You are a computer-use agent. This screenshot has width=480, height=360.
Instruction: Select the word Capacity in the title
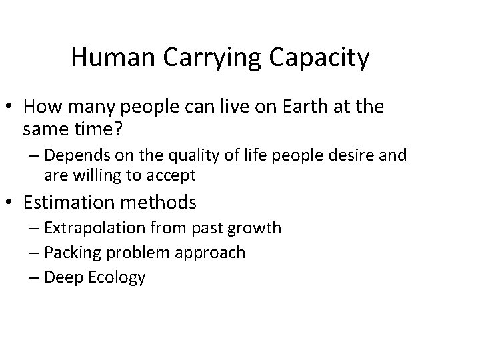pos(322,59)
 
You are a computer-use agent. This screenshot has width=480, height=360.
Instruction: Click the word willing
pos(91,177)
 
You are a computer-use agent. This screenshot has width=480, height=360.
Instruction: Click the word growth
pos(257,229)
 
